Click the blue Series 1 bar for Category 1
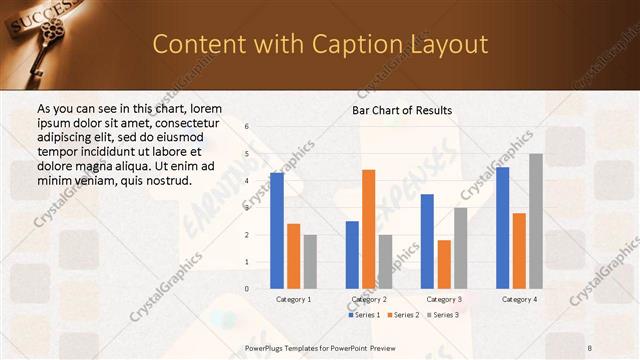(277, 231)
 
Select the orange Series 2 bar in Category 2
(368, 229)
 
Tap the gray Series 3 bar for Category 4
(536, 221)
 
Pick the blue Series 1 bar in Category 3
(427, 241)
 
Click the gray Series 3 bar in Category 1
(310, 261)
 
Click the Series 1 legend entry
(365, 315)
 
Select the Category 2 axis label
(369, 299)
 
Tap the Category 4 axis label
(519, 299)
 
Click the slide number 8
(589, 347)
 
